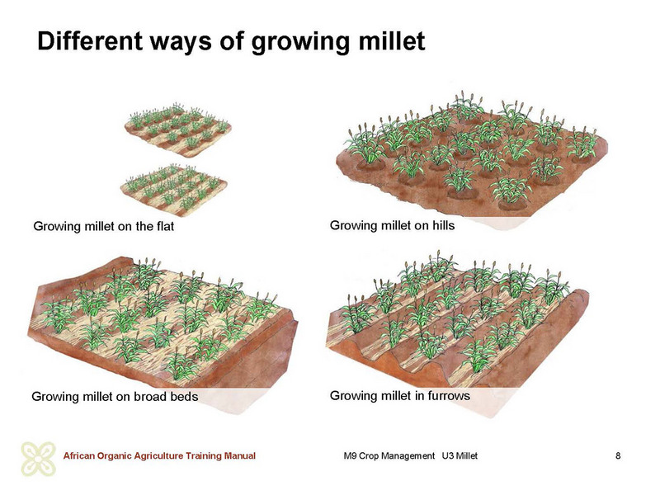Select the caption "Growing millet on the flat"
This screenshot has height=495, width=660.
click(x=104, y=226)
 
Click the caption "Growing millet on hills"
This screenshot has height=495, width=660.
click(x=393, y=225)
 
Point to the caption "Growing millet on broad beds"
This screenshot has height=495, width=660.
click(x=115, y=397)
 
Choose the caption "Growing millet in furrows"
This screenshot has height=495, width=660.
click(x=400, y=396)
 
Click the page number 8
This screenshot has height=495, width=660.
click(x=618, y=455)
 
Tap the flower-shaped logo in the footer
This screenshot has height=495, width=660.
click(x=38, y=459)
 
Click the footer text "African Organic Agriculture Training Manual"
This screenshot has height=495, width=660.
click(x=159, y=456)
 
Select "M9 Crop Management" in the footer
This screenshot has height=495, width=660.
click(x=389, y=456)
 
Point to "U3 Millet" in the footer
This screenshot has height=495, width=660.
click(x=460, y=456)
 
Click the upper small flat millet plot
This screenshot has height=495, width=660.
click(x=177, y=130)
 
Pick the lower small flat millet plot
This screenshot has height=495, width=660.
click(x=173, y=190)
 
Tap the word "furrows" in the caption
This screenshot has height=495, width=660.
click(x=449, y=396)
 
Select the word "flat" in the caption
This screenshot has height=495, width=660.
click(x=164, y=226)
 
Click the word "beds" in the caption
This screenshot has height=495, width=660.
click(x=184, y=397)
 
